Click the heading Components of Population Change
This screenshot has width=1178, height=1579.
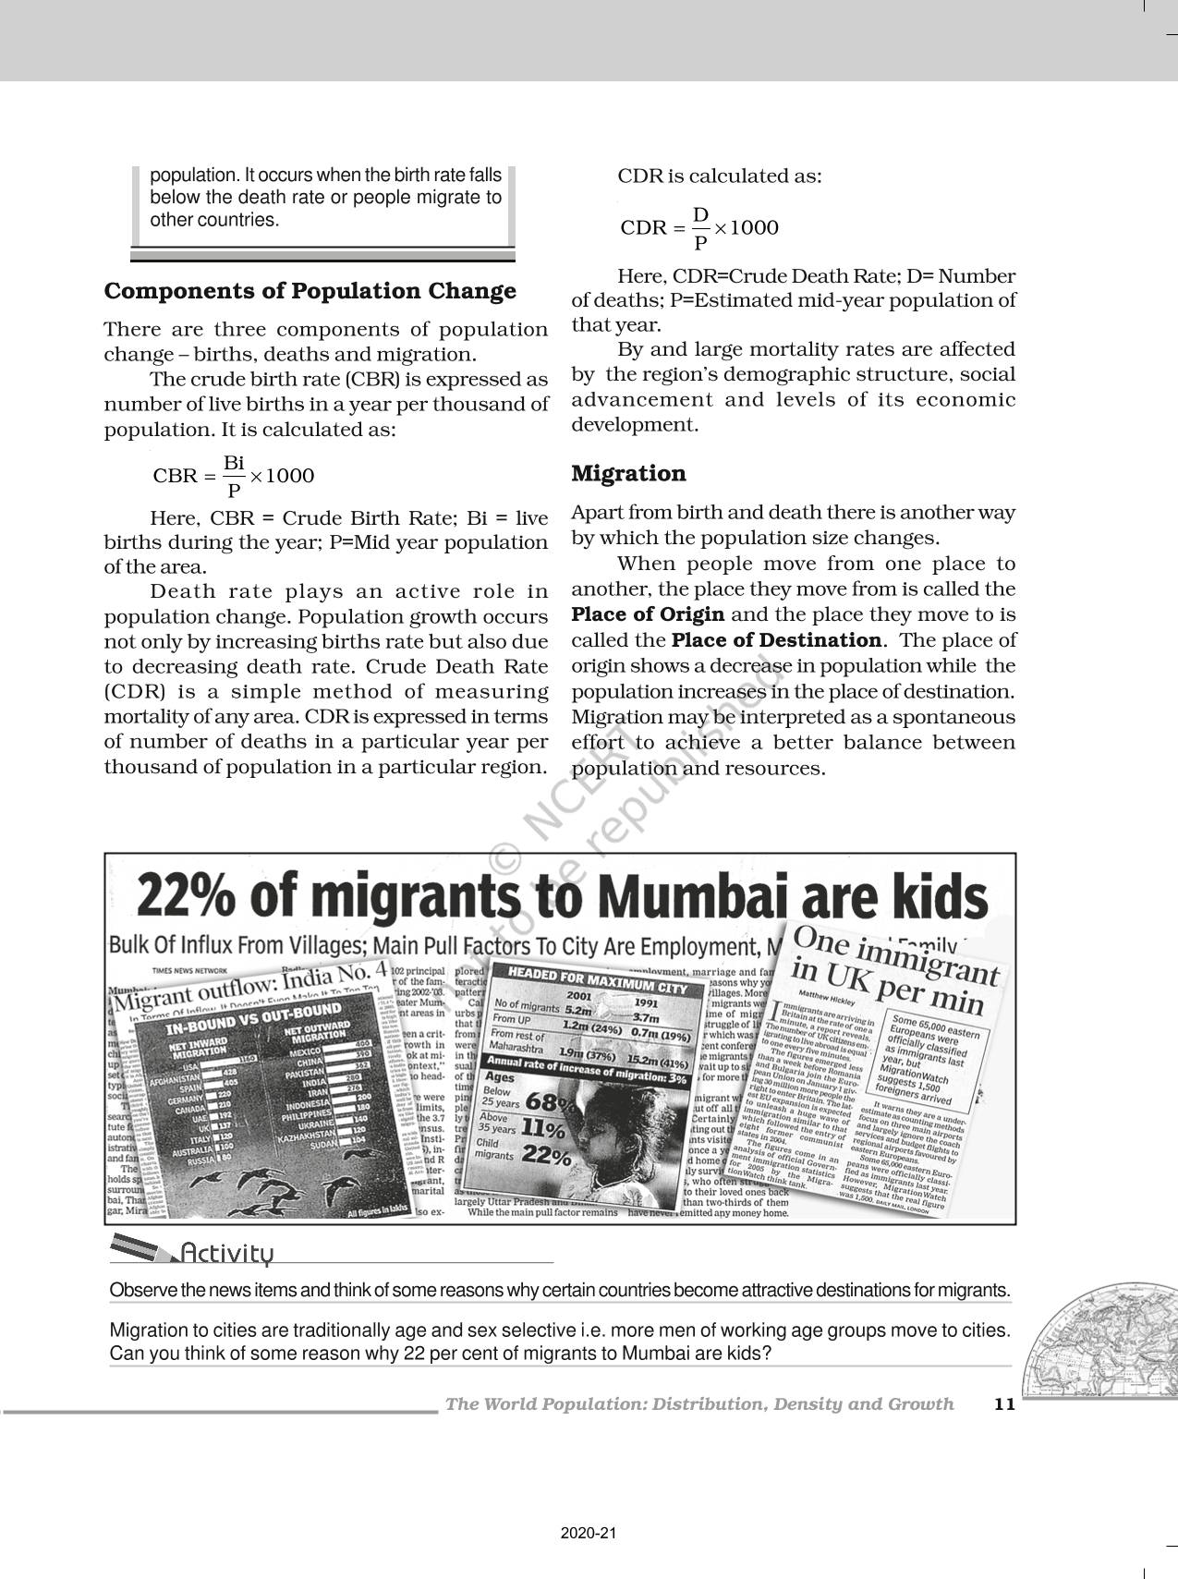pos(310,291)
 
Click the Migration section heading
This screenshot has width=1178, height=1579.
pos(628,474)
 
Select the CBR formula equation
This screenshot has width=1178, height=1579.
pos(234,476)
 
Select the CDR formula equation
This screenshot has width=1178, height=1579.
pos(699,228)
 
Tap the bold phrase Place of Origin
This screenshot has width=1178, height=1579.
pos(648,615)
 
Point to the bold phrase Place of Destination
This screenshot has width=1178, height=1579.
pos(776,640)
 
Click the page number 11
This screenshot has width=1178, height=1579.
pos(1004,1404)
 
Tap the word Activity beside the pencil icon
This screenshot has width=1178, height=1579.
pos(227,1254)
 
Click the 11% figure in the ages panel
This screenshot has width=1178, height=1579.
pos(543,1129)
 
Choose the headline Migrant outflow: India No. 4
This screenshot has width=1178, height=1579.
pos(249,986)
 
